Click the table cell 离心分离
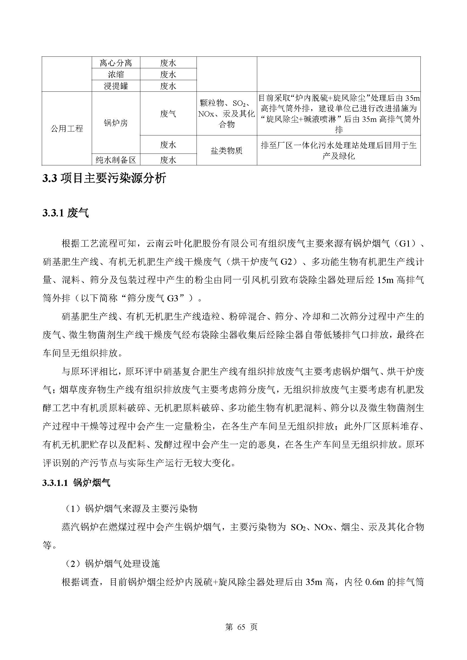tap(115, 63)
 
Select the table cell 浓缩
tap(115, 74)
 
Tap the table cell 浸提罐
tap(115, 86)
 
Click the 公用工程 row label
tap(67, 128)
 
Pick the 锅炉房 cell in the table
tap(115, 123)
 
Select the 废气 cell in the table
tap(168, 114)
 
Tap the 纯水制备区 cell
tap(115, 159)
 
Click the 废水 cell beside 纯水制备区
tap(168, 159)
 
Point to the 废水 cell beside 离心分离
tap(168, 63)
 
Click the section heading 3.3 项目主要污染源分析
tap(104, 179)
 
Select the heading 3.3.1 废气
tap(66, 213)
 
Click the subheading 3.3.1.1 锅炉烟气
tap(76, 483)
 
